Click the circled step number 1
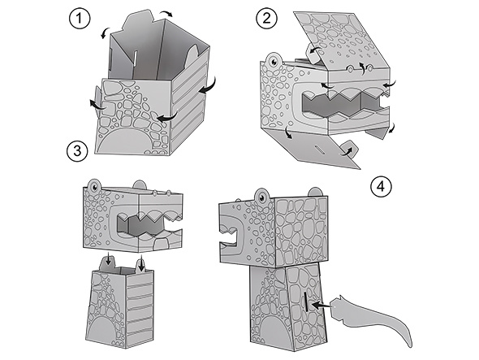point(80,19)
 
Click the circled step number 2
point(266,19)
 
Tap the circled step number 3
point(77,151)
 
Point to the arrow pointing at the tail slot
point(321,305)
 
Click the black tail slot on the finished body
point(305,301)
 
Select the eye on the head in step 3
point(94,187)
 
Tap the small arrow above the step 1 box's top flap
point(166,13)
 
